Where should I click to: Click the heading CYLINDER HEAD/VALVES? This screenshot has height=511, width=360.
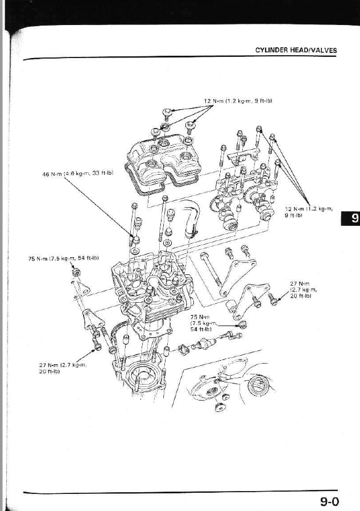click(x=296, y=50)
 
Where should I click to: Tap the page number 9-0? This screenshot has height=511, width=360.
click(x=329, y=501)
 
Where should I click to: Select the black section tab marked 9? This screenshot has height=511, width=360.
click(x=350, y=219)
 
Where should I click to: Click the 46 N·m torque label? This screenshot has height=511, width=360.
click(x=79, y=174)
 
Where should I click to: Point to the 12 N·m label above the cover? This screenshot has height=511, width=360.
click(x=238, y=101)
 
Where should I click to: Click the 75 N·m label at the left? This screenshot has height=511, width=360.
click(x=64, y=258)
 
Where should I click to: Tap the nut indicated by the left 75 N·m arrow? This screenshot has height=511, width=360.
click(x=76, y=269)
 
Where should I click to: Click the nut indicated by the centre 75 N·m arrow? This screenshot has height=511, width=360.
click(x=242, y=324)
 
